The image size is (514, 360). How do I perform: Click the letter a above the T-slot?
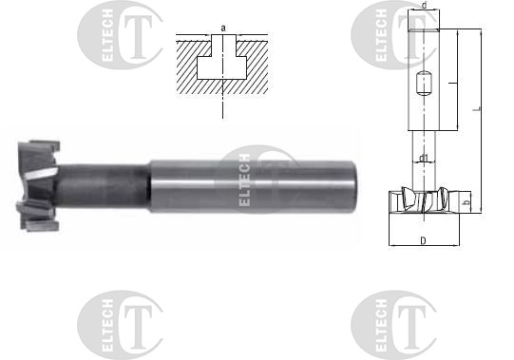[x=223, y=28]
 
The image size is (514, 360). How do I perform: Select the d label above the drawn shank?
[x=424, y=6]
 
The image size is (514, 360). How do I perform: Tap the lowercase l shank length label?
[x=452, y=84]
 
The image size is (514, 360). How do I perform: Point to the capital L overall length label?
[x=478, y=108]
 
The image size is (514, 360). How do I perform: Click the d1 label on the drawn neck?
[x=424, y=158]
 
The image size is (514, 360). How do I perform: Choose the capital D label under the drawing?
[x=424, y=241]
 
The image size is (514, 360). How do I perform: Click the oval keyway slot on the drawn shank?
[x=423, y=84]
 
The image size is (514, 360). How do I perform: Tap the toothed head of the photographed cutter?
[x=39, y=186]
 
